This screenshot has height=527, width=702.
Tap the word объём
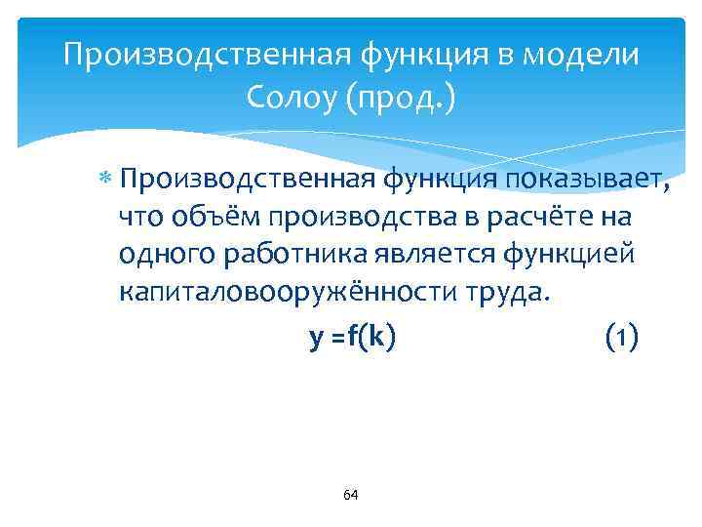tap(204, 217)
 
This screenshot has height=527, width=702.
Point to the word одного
tap(167, 254)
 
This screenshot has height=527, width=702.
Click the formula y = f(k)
tap(352, 338)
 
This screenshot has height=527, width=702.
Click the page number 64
tap(351, 496)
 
